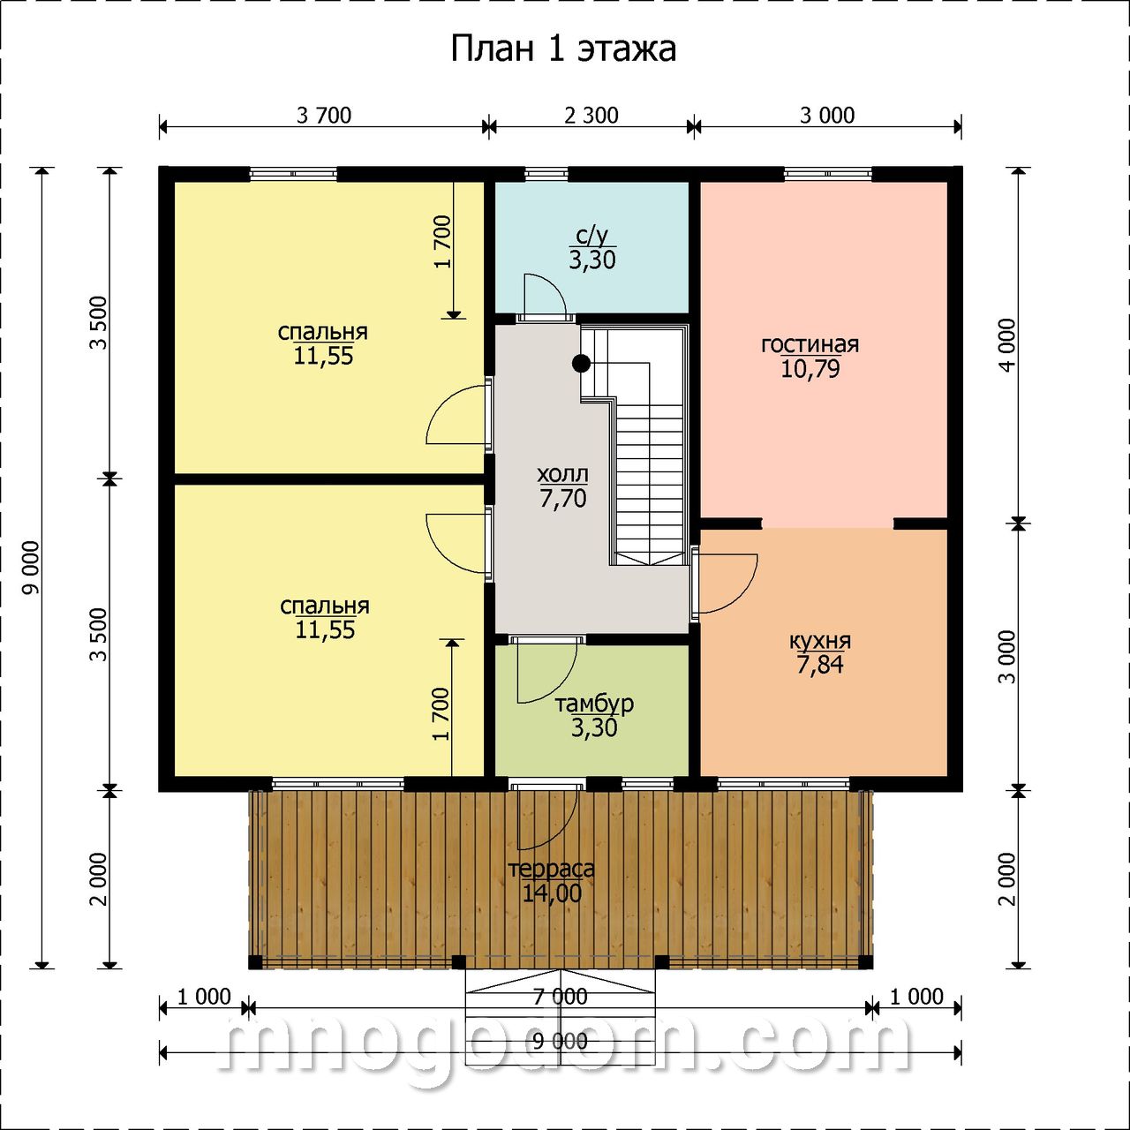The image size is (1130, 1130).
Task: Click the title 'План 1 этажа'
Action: (563, 49)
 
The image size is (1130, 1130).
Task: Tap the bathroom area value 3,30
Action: (592, 260)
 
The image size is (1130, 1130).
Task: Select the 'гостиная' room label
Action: (810, 344)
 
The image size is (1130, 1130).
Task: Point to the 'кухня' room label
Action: (819, 641)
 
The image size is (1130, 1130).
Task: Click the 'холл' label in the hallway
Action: (562, 473)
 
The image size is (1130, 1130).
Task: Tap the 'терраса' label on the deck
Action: (551, 869)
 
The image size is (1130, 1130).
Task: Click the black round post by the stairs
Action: (581, 364)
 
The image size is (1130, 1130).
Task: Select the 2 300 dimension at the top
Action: (591, 116)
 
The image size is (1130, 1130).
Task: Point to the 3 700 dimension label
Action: (324, 116)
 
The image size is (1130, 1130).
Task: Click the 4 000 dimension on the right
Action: (1008, 345)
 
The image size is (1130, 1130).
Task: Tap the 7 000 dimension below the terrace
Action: (560, 996)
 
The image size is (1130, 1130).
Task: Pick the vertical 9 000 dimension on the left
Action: (31, 567)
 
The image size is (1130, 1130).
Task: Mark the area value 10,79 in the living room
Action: (810, 369)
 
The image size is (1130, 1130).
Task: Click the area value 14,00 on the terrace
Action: (551, 893)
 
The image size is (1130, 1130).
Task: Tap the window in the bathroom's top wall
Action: (546, 174)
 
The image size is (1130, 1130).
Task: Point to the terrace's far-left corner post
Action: (255, 962)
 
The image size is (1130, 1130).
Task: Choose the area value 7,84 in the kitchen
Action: (819, 666)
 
